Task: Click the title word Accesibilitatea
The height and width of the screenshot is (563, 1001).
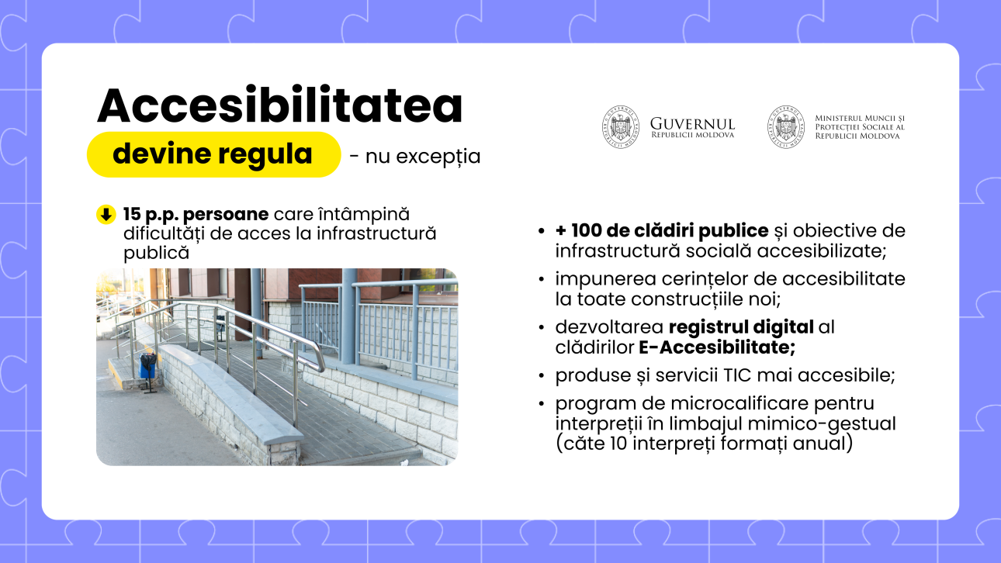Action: pyautogui.click(x=280, y=105)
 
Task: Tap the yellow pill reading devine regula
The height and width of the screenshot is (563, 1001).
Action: pyautogui.click(x=213, y=154)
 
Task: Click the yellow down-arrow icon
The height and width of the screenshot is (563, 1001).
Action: pyautogui.click(x=106, y=215)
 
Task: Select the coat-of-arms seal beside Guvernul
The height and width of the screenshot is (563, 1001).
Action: pyautogui.click(x=620, y=127)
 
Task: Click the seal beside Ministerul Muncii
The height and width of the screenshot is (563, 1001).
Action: pyautogui.click(x=786, y=127)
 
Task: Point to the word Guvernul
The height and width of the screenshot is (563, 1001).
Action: pyautogui.click(x=692, y=123)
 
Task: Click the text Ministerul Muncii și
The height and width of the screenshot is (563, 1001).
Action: pyautogui.click(x=859, y=119)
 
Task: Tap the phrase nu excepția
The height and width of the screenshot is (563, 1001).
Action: pyautogui.click(x=423, y=157)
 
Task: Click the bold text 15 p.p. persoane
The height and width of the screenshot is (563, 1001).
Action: pyautogui.click(x=196, y=214)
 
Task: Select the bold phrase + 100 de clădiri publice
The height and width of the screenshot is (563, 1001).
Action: pyautogui.click(x=662, y=230)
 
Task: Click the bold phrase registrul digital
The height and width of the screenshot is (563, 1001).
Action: pyautogui.click(x=741, y=327)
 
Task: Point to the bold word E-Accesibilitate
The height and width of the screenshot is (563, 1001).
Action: pyautogui.click(x=717, y=347)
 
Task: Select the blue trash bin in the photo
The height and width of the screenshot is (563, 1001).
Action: pyautogui.click(x=148, y=366)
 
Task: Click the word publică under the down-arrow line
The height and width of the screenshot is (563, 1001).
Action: pyautogui.click(x=157, y=253)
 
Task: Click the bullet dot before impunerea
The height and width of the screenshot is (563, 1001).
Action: pyautogui.click(x=542, y=279)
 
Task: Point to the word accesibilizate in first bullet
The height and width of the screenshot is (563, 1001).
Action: pyautogui.click(x=821, y=251)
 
